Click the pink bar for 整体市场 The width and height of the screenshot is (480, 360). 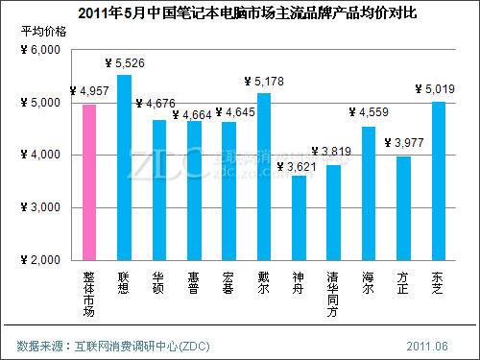coord(89,182)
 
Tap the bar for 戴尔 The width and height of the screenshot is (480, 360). coord(264,177)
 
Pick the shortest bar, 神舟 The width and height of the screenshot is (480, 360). coord(299,218)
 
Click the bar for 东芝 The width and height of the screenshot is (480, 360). coord(438,180)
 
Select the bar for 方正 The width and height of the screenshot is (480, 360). coord(403,208)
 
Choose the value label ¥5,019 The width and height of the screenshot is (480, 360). coord(436,90)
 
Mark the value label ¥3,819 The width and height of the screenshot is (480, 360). coord(336,151)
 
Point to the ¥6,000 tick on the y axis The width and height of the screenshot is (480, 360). coord(39,50)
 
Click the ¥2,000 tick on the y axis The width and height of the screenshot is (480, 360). coord(39,260)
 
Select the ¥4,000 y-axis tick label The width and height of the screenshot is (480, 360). coord(39,155)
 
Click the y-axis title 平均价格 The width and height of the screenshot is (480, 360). coord(44,32)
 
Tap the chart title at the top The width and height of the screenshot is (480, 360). coord(240,12)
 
